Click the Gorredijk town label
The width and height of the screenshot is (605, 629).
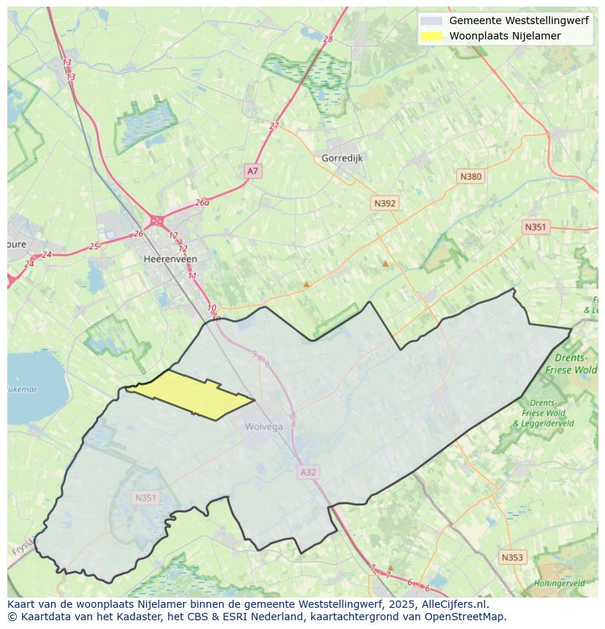coord(342,158)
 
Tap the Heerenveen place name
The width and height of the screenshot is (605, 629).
coord(170,259)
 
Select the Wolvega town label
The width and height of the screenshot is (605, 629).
coord(264,427)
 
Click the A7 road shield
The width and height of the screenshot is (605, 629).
coord(252,171)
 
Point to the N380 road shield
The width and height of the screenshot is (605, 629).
coord(471,177)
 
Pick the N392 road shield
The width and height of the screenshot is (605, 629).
coord(384,204)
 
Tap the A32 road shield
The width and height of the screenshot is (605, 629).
coord(308,473)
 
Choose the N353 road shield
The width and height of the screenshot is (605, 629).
coord(511,557)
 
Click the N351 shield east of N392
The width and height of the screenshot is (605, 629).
coord(535,227)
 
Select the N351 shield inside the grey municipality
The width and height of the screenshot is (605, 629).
coord(145,498)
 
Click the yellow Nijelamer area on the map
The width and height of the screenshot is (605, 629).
coord(191,394)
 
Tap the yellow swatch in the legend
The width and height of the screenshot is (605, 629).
coord(432,36)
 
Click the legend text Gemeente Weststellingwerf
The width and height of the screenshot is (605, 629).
coord(518,20)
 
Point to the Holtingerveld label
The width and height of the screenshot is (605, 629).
coord(559,584)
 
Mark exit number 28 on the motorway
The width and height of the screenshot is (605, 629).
coord(327,39)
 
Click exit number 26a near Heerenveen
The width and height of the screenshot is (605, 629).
coord(202,203)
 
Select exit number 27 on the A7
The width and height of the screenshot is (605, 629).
coord(274,126)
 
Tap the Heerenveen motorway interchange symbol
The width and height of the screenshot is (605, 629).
coord(156,220)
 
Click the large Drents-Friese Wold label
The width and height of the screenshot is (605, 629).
coord(571,364)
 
